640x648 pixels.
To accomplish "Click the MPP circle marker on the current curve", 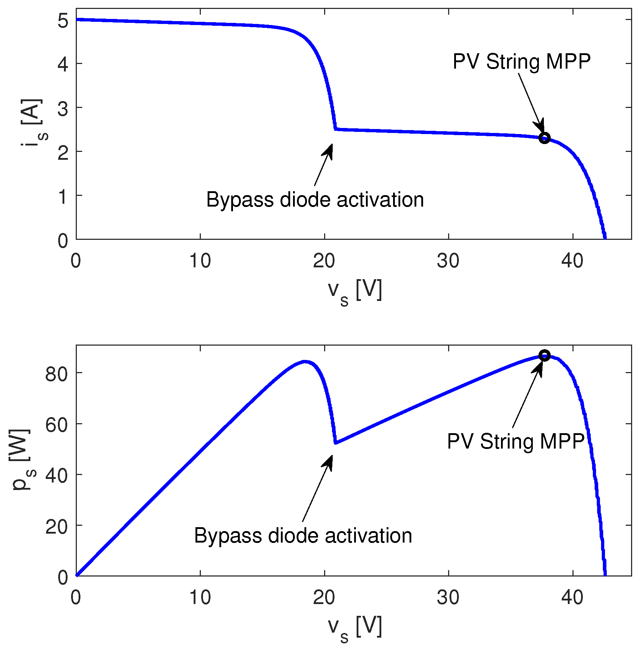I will coord(544,138).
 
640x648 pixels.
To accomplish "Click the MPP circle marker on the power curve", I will coord(544,355).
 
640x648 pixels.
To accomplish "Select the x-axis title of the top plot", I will coord(355,292).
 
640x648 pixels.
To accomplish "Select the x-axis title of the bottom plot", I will coord(355,628).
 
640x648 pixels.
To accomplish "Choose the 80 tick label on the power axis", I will coord(56,374).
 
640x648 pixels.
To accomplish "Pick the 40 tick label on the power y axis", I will coord(56,476).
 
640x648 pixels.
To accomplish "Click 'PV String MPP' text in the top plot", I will coord(521,62).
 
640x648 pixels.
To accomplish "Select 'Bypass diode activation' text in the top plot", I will coord(315,199).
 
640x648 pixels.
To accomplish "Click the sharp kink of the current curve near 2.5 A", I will coord(335,129).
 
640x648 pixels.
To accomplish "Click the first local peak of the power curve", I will coord(305,361).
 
